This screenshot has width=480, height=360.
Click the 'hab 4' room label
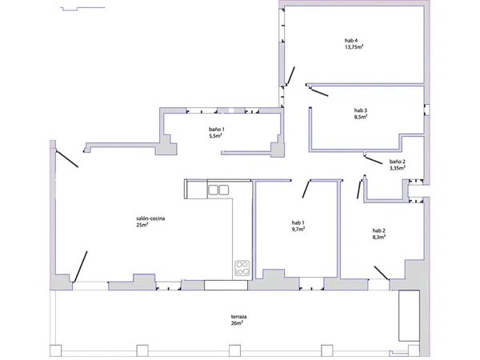coord(351,41)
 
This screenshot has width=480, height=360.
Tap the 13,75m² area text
coord(354,47)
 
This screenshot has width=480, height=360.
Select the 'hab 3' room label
coord(361,110)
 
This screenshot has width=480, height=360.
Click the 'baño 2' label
coord(398,162)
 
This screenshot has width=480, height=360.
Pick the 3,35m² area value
coord(398,168)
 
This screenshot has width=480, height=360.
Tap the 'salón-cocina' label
coord(150,218)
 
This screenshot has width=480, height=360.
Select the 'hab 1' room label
coord(298,222)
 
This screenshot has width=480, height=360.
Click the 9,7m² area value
coord(298,229)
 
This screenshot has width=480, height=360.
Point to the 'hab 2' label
coord(378,230)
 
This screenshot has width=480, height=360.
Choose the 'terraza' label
coord(238,317)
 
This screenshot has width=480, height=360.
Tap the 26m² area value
coord(238,323)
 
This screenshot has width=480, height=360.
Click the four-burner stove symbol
coord(242,267)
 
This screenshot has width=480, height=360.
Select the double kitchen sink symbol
coord(218,190)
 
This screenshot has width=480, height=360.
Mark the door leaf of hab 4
coord(291,75)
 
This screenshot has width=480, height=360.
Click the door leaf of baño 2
coord(374,161)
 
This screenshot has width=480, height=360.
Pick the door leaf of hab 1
coord(306,189)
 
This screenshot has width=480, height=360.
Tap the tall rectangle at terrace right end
coord(409,316)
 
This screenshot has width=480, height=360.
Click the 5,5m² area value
coord(215,136)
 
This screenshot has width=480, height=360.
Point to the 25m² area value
coord(142,225)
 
